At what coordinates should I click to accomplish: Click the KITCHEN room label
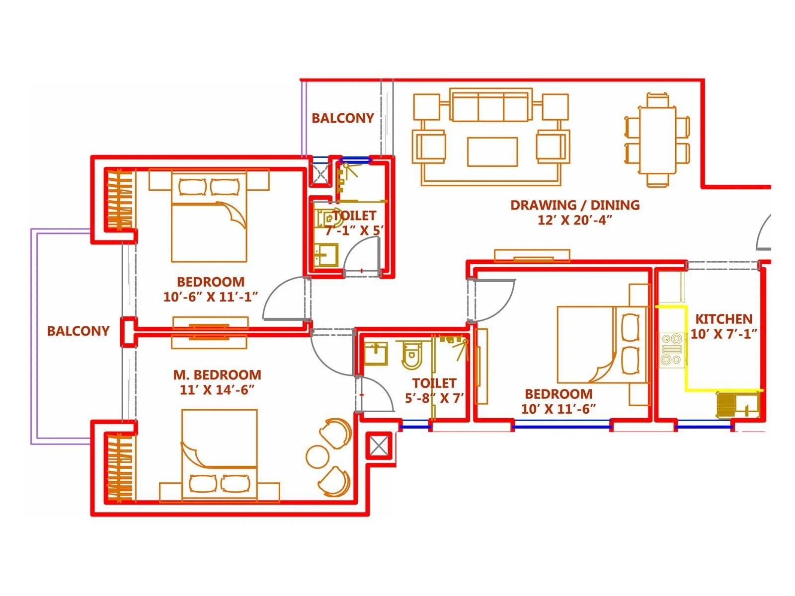pos(723,319)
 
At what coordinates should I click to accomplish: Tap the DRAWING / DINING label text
pos(575,205)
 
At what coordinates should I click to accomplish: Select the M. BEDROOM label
pos(217,374)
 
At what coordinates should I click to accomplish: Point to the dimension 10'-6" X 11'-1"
pos(211,297)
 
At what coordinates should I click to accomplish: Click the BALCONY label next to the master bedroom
pos(78,331)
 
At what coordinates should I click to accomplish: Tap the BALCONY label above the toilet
pos(342,118)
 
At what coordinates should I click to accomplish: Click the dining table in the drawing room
pos(657,140)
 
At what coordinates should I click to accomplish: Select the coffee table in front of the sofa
pos(492,151)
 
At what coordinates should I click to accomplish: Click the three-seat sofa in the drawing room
pos(490,106)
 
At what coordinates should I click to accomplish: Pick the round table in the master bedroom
pos(317,456)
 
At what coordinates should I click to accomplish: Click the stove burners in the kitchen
pos(672,349)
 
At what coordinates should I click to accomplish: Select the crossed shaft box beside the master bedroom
pos(379,446)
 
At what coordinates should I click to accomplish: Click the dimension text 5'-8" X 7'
pos(434,398)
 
